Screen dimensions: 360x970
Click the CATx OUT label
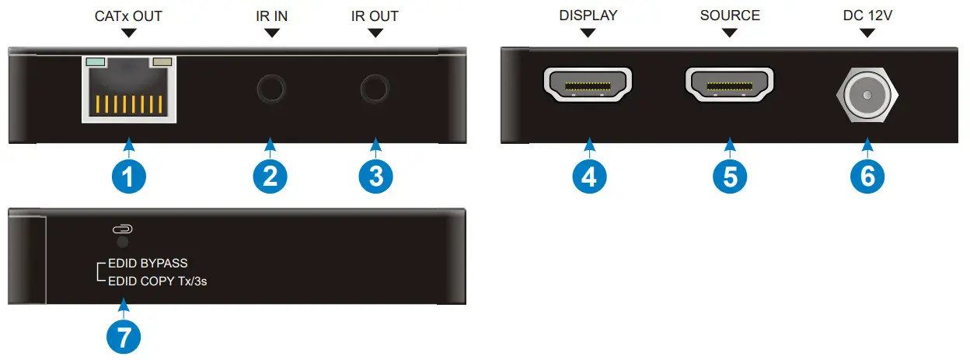click(128, 16)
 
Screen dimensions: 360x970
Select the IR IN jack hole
click(270, 89)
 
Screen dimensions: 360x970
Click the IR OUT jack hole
click(375, 89)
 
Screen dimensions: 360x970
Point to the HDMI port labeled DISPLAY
click(588, 86)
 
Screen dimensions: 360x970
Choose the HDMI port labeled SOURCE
click(729, 86)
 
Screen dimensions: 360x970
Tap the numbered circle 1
click(128, 177)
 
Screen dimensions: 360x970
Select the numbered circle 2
click(270, 177)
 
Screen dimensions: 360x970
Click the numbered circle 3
click(375, 177)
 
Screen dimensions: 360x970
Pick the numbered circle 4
click(589, 177)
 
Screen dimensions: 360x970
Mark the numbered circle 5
click(729, 177)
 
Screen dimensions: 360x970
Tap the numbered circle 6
click(867, 177)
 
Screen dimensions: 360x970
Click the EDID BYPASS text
click(148, 264)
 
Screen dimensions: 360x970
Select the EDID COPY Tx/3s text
click(157, 281)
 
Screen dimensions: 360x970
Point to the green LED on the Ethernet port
click(96, 61)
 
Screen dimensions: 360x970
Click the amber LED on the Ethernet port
click(162, 61)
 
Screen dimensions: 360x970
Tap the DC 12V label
click(867, 16)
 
